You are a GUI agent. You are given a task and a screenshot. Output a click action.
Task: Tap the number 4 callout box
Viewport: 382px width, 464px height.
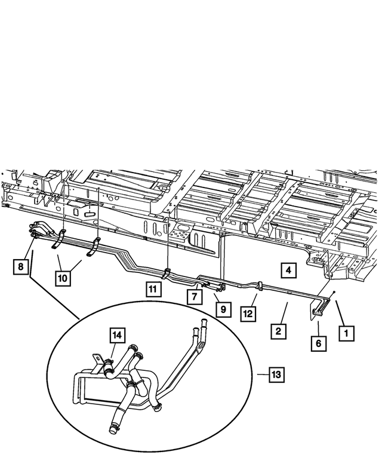tap(288, 271)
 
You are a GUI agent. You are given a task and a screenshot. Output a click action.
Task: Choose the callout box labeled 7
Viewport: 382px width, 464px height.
tap(193, 296)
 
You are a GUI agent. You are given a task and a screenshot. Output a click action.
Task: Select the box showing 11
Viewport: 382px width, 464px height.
tap(153, 290)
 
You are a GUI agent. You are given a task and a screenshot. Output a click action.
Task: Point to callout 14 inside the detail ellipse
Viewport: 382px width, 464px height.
tap(118, 335)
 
